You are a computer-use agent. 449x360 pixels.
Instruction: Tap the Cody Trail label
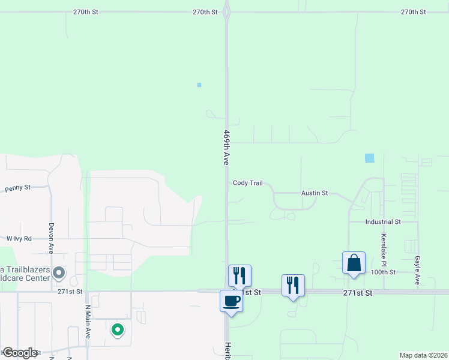point(248,183)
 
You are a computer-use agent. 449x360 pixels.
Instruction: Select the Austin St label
point(315,193)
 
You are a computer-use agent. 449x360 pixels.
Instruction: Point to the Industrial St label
point(382,221)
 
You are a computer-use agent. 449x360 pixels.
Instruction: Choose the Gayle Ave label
point(417,269)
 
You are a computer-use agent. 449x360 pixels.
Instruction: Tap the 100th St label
point(382,272)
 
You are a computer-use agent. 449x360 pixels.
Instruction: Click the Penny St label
point(17,188)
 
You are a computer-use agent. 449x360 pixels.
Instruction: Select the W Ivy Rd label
point(19,238)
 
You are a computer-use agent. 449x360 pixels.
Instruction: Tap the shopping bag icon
point(354,263)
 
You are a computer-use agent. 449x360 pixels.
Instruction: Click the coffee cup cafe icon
point(231,301)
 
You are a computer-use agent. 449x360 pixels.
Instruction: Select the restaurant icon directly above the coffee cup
point(240,275)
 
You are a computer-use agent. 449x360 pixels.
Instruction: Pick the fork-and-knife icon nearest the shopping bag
point(293,285)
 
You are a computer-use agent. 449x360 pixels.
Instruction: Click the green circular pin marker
point(118,329)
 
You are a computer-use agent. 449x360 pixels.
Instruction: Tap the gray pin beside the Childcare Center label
point(59,274)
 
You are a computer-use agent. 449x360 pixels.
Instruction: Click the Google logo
point(20,353)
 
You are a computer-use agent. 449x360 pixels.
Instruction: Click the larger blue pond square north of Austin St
point(369,158)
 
